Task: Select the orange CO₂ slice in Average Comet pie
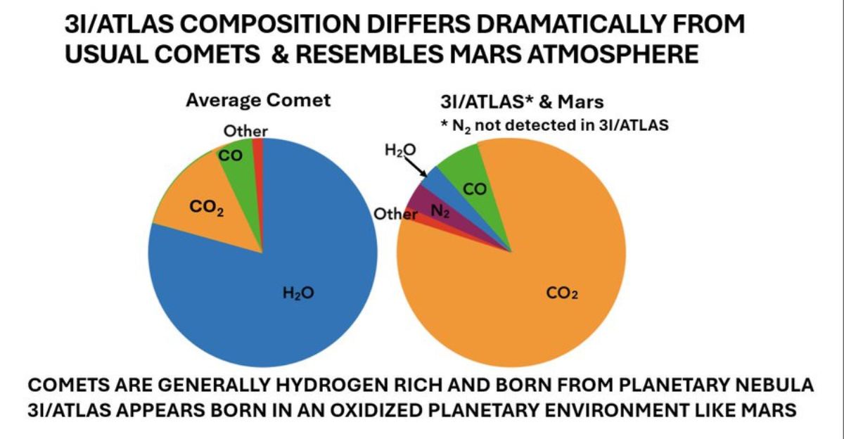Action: coord(204,211)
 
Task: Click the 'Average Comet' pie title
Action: coord(257,100)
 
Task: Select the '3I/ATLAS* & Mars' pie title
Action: coord(521,102)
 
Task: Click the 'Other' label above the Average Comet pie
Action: coord(245,131)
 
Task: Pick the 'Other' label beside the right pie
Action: coord(395,214)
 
